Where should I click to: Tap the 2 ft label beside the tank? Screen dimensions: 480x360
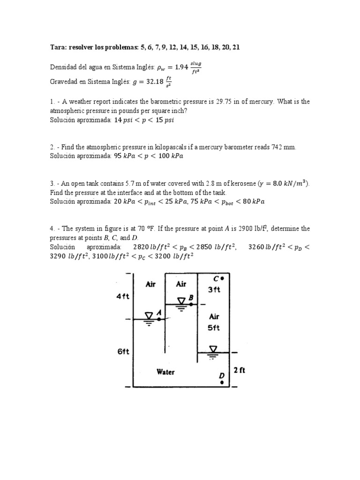(239, 370)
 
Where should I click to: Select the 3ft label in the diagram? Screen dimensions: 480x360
(214, 290)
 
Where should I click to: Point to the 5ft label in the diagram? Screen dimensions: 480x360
(214, 328)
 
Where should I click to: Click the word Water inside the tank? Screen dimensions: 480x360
(165, 372)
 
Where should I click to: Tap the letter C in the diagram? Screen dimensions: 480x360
(215, 278)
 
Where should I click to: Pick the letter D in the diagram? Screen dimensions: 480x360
(222, 375)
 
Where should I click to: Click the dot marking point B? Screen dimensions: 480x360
(191, 304)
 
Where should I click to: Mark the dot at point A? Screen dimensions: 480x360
(159, 319)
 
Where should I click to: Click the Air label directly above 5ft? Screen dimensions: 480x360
(214, 316)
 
